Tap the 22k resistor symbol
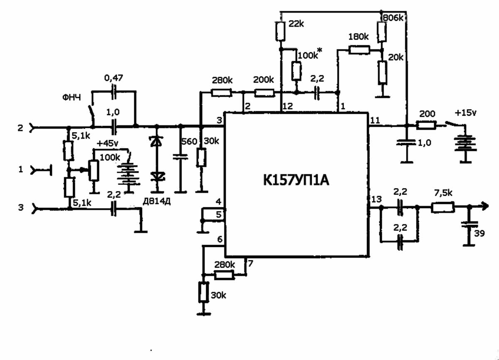280,31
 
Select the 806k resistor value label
393,18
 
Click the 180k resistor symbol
358,50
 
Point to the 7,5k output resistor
442,207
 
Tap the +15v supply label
467,114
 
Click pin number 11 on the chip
375,121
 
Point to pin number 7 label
250,263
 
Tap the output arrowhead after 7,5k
484,205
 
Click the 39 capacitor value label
479,233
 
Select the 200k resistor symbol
264,92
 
